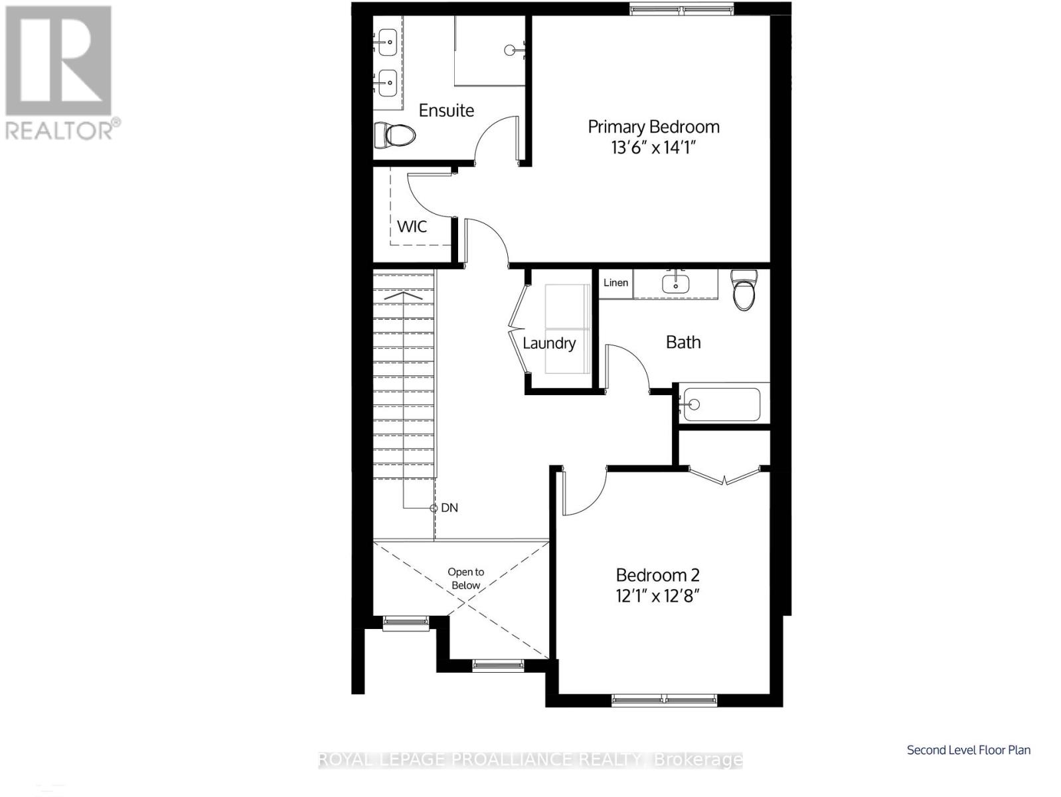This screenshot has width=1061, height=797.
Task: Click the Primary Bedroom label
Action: point(653,127)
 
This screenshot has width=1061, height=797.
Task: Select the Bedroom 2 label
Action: point(658,575)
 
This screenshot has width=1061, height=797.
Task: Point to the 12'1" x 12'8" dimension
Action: point(658,596)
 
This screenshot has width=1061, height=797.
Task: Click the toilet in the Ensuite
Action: point(394,135)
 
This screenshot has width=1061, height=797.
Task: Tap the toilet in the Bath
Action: point(744,290)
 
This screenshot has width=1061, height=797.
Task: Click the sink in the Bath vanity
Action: point(675,283)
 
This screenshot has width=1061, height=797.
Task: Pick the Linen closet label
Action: point(615,283)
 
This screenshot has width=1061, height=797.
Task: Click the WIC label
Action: point(412,226)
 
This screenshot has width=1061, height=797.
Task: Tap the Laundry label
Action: point(549,343)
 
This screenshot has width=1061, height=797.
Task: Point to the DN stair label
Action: point(449,508)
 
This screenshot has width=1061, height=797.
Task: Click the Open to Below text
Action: point(465,578)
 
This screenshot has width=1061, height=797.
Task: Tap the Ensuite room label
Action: point(446,111)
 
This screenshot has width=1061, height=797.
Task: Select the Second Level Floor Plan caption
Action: point(969,750)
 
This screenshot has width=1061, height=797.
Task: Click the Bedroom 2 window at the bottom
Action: point(664,699)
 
